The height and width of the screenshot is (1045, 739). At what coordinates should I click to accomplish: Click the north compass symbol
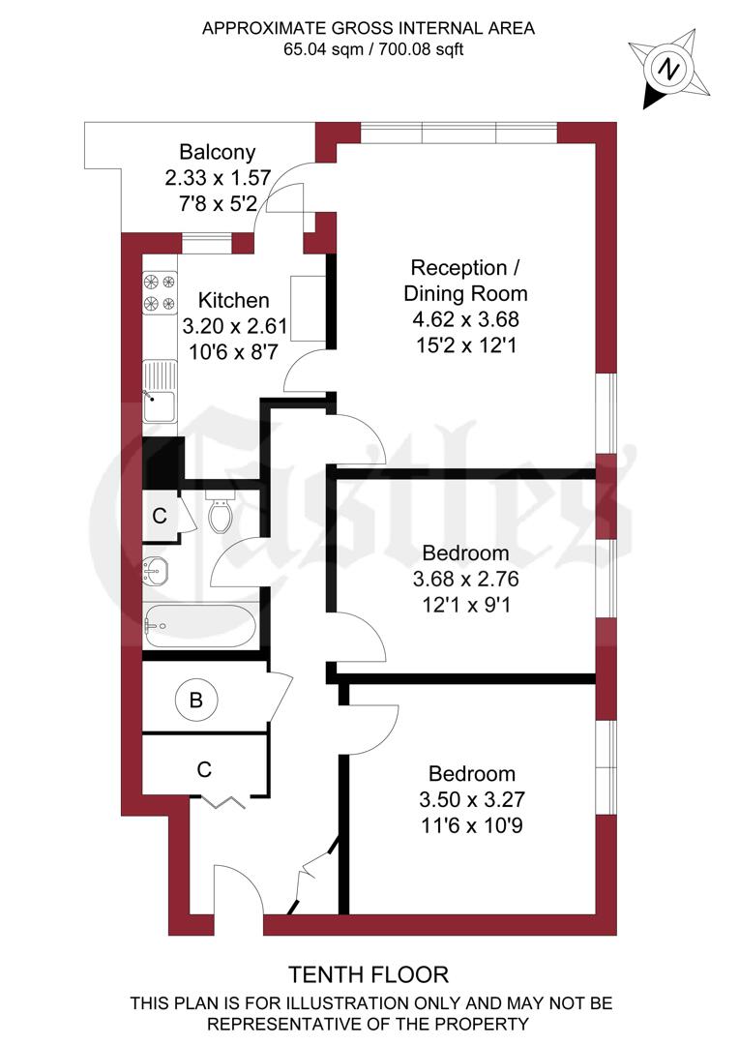point(667,68)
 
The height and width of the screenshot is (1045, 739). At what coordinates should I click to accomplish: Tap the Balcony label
point(218,152)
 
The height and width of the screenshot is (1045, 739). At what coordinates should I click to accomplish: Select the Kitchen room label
point(233,300)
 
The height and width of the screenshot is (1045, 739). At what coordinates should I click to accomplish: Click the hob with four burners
point(161,293)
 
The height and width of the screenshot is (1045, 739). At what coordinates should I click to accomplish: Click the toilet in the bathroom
point(221,513)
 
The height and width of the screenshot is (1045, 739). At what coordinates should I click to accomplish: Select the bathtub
point(200,626)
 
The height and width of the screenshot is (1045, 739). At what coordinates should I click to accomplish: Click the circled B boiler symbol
point(195,701)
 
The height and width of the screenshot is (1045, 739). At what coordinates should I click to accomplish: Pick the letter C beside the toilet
point(161,516)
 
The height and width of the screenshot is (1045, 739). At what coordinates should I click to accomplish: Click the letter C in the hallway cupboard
point(204,770)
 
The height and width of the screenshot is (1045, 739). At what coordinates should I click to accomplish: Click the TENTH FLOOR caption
point(369,974)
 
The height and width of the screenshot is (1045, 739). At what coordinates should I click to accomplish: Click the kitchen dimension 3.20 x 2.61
point(233,327)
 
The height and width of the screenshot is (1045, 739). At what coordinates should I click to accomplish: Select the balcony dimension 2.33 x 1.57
point(218,178)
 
